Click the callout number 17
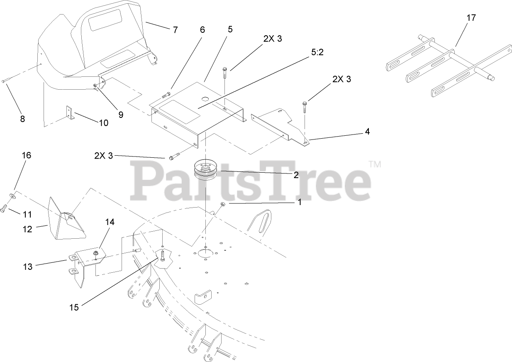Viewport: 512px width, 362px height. pyautogui.click(x=471, y=18)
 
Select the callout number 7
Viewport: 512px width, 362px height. pyautogui.click(x=175, y=30)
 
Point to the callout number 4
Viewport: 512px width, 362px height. pyautogui.click(x=367, y=132)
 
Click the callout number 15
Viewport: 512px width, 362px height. pyautogui.click(x=74, y=308)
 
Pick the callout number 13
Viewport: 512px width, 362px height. pyautogui.click(x=28, y=267)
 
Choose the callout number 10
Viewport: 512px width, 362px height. pyautogui.click(x=103, y=123)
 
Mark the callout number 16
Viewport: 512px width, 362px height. pyautogui.click(x=26, y=155)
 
